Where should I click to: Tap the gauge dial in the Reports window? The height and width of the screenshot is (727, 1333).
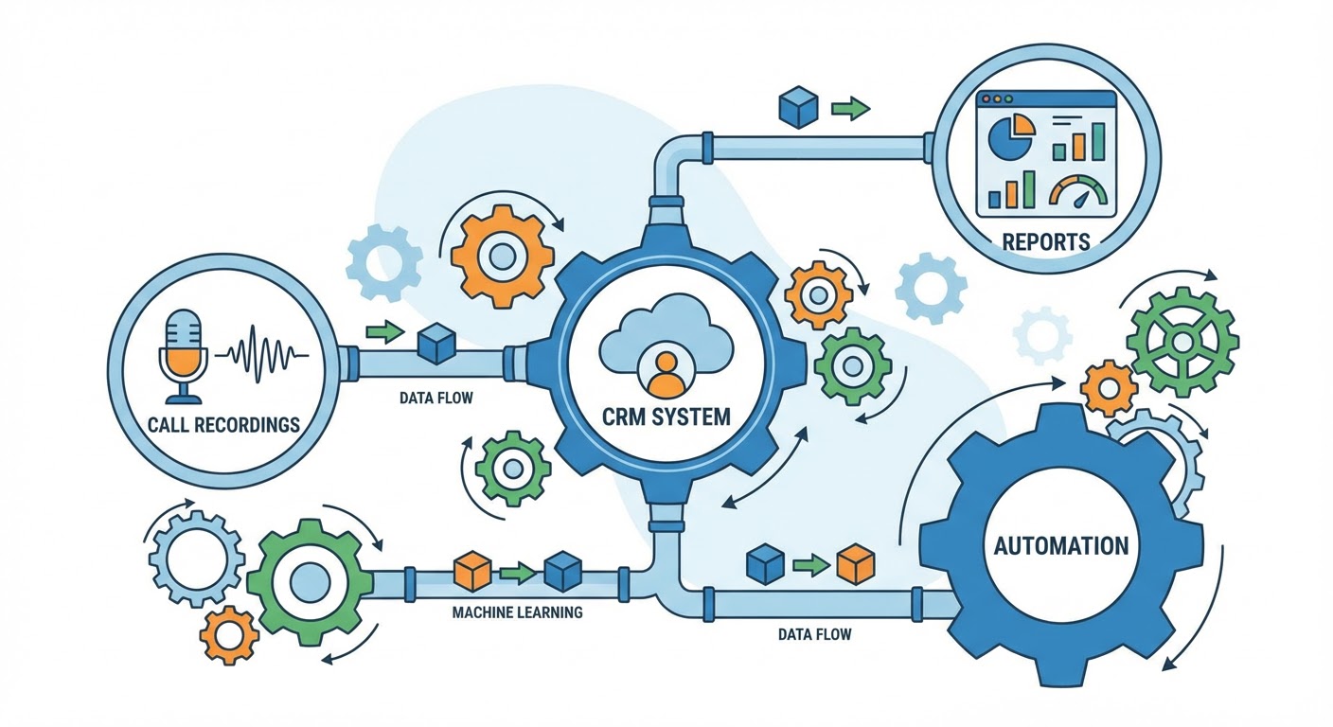point(1076,191)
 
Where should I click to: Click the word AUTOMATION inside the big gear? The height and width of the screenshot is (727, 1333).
point(1060,546)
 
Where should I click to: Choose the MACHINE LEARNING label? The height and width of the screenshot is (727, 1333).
point(517,612)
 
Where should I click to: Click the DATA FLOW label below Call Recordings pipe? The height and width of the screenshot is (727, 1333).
point(436,398)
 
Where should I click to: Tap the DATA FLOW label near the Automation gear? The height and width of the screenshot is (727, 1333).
point(814,633)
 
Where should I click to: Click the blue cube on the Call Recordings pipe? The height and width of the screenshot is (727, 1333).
point(437,344)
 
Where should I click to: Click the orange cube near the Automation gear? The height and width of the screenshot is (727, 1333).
point(855,564)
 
